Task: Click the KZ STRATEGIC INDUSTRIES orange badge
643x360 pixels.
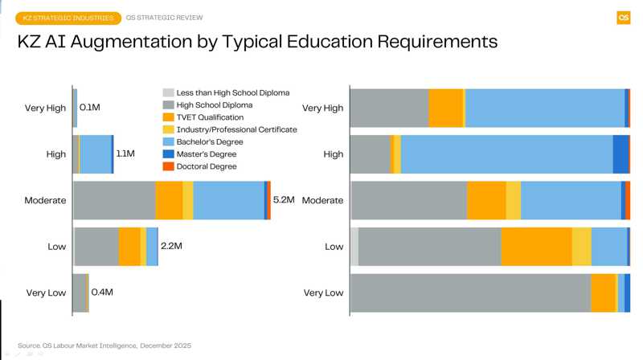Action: [68, 18]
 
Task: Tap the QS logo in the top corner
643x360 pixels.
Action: [623, 18]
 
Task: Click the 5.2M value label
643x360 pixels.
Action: [284, 199]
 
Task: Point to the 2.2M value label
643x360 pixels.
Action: [171, 246]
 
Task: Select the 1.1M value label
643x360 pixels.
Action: [125, 153]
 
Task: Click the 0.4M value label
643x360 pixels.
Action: [102, 292]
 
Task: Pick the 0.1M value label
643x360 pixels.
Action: [90, 107]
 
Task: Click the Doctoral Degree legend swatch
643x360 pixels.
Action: [168, 166]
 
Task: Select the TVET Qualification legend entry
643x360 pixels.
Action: [209, 117]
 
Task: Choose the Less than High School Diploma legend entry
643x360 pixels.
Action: [232, 92]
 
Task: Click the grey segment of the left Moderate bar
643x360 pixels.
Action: [114, 200]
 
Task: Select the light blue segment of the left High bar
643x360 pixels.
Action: [96, 154]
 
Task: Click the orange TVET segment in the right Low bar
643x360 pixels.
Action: [536, 246]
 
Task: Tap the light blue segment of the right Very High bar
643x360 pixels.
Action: [544, 108]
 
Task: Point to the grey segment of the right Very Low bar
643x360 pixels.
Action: [470, 292]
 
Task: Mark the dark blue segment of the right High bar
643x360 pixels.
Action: [620, 154]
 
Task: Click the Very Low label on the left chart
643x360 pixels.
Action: [46, 292]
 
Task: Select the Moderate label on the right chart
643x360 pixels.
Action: [322, 200]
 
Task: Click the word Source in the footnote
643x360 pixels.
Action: [29, 346]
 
